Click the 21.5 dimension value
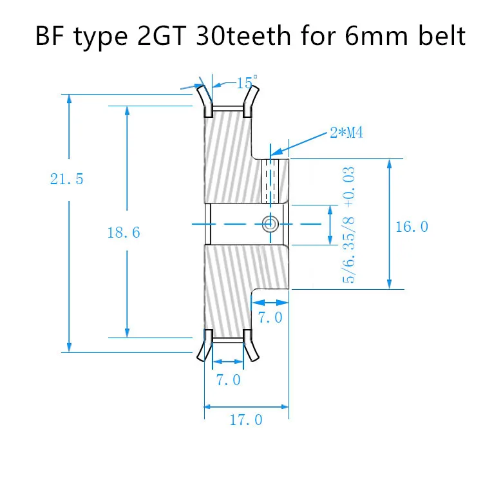(x=67, y=179)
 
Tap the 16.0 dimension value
(x=413, y=226)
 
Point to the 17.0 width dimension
(x=246, y=421)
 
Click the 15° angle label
(x=244, y=83)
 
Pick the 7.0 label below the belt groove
(x=228, y=379)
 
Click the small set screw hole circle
(x=270, y=223)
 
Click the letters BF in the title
(x=50, y=37)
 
